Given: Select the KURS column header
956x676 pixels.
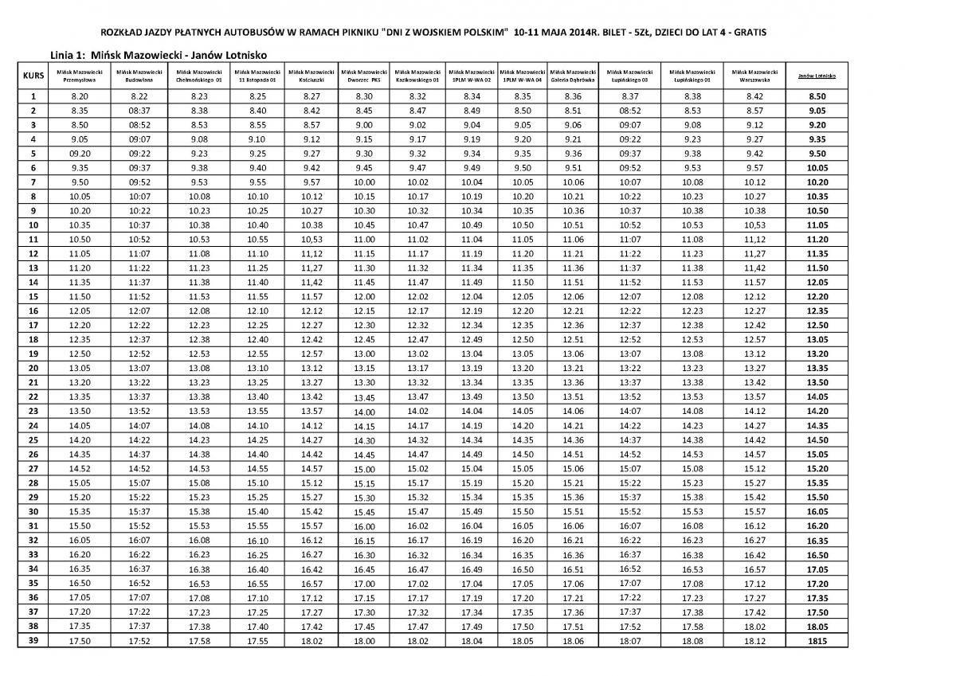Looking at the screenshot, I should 33,76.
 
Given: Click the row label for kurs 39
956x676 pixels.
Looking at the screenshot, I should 33,639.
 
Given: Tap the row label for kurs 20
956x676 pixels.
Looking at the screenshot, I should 33,368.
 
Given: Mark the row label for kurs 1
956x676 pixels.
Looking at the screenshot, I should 33,96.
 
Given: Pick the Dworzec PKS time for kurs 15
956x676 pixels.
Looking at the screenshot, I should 364,296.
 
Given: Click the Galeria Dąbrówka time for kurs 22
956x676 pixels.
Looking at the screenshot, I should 573,397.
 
